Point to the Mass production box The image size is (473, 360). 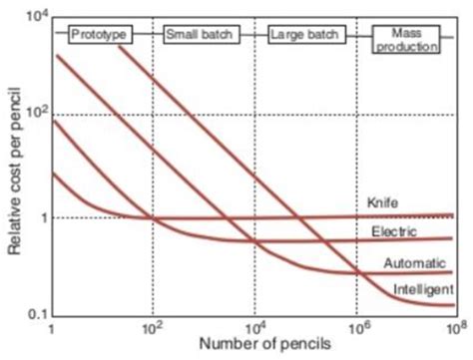(x=404, y=40)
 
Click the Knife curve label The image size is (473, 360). (x=384, y=202)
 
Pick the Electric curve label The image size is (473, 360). (x=389, y=231)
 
